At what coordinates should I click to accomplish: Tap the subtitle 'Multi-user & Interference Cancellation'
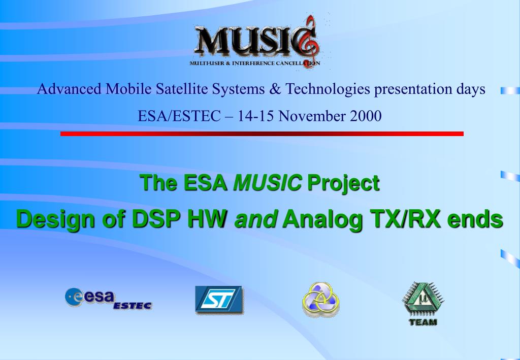coord(255,63)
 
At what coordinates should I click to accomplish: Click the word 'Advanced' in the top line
coord(69,89)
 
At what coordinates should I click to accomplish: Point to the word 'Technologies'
coord(328,89)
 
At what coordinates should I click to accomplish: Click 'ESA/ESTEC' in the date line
coord(179,116)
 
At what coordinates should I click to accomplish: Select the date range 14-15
coord(255,116)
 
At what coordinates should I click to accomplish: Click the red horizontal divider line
coord(262,134)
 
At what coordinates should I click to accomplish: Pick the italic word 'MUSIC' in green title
coord(267,183)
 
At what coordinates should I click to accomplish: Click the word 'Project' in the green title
coord(343,183)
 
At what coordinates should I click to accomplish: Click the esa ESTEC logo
coord(109,299)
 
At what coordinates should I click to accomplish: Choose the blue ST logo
coord(219,300)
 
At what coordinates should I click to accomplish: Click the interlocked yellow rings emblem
coord(321,300)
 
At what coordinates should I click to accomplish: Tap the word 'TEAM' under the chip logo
coord(423,322)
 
